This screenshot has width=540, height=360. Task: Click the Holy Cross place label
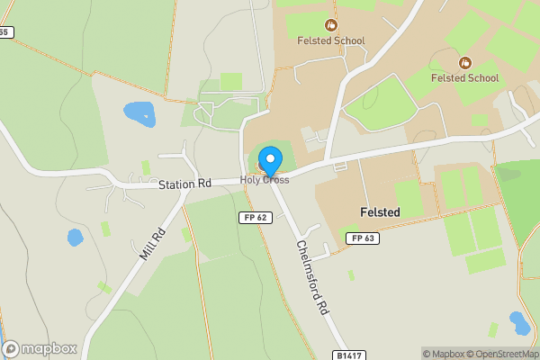click(x=264, y=180)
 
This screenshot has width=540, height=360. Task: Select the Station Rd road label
click(x=184, y=184)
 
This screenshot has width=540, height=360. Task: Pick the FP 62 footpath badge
click(x=256, y=218)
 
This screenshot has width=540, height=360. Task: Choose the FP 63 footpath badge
click(x=363, y=238)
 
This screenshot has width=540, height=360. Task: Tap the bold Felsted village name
click(x=379, y=211)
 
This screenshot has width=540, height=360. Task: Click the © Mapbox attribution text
click(x=448, y=354)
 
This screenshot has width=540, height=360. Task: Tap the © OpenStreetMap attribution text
click(x=508, y=354)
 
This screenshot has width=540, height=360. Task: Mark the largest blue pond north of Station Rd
click(x=139, y=113)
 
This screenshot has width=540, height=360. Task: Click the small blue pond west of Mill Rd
click(x=75, y=238)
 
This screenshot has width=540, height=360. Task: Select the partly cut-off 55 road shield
click(x=5, y=32)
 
